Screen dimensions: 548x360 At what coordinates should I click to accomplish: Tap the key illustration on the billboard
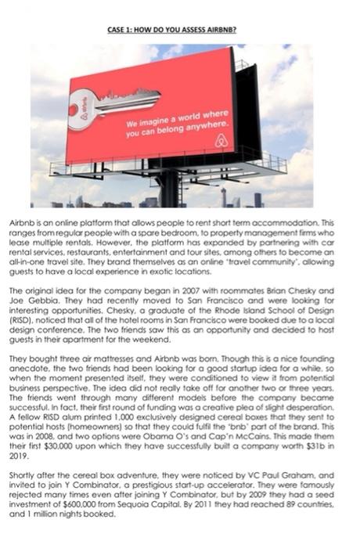click(x=110, y=100)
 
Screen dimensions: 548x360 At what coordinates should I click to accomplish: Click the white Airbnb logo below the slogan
click(x=221, y=141)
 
